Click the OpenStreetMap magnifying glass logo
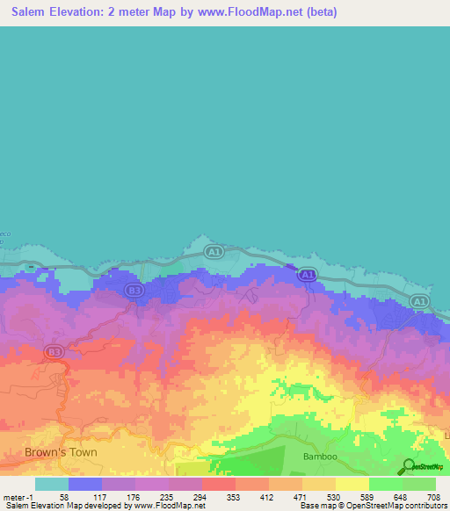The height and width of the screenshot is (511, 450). tap(409, 466)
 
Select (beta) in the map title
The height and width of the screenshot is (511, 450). tap(318, 12)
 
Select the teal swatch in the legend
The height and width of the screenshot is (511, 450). tap(52, 484)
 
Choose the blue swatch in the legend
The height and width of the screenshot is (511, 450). tap(85, 484)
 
